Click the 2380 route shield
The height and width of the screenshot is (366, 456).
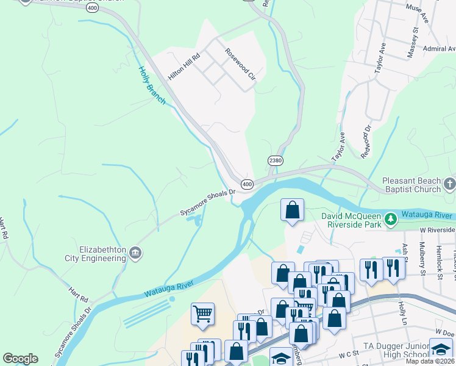pos(276,160)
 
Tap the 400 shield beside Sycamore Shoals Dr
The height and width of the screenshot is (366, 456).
pos(247,184)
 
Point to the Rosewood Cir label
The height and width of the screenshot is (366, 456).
pos(240,64)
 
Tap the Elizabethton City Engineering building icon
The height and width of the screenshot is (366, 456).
pos(135,252)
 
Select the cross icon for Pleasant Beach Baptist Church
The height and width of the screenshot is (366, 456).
pos(449,184)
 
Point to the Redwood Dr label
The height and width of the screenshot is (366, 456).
pos(366,142)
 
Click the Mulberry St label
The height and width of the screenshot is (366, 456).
pos(422,254)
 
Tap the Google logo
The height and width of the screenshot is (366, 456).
pos(20,359)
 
